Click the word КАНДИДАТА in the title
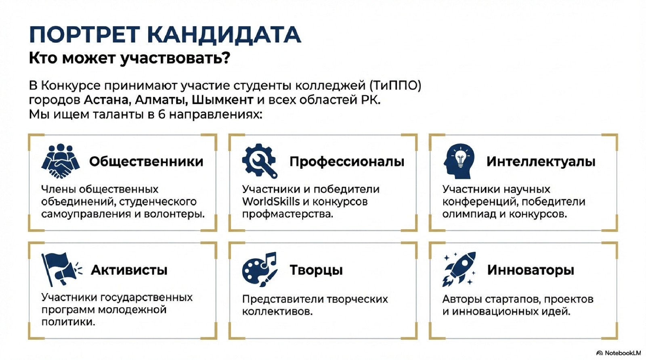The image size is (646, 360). [224, 35]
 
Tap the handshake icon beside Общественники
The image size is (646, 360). [61, 161]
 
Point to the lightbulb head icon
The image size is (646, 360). [459, 161]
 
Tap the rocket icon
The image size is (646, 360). [459, 269]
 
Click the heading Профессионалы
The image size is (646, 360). [347, 162]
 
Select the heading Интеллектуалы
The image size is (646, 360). [541, 161]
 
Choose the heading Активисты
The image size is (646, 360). [129, 270]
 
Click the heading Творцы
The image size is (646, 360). [316, 270]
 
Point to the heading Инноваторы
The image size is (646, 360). [531, 270]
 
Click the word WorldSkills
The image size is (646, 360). [271, 201]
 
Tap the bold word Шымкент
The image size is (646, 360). [222, 100]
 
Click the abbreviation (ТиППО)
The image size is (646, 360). [394, 86]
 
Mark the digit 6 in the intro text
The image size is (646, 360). [161, 115]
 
